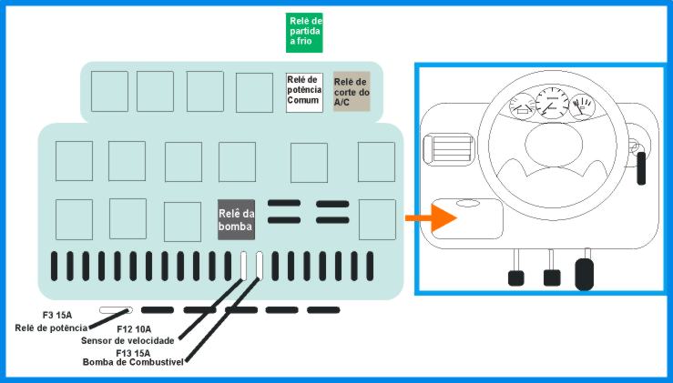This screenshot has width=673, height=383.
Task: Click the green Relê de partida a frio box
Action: coord(304,33)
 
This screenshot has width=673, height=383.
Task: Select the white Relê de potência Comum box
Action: coord(304,93)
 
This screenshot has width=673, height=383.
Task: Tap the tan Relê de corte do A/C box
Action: coord(352,92)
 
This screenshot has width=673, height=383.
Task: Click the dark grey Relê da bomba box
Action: coord(236,219)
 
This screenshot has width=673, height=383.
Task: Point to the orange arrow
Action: coord(431,217)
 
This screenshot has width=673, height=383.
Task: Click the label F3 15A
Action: coord(57,316)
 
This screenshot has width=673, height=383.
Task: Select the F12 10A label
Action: coord(134,329)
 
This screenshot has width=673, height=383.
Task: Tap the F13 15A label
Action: coord(133,353)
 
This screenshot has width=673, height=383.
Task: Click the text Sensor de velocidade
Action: coord(127,341)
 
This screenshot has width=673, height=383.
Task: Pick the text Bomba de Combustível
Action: coord(133,362)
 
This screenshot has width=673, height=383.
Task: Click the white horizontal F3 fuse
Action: coord(116,310)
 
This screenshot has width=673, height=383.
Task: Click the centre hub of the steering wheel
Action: coord(554,144)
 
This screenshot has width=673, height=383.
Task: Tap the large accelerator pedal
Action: coord(584,274)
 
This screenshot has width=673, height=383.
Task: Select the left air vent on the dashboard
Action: coord(448,148)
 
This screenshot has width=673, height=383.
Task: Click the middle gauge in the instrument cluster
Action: coord(552,103)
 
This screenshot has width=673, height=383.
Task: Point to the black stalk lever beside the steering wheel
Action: coord(641,168)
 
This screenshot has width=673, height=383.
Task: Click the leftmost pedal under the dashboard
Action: coord(516,277)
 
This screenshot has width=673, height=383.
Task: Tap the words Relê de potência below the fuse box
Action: coord(51,328)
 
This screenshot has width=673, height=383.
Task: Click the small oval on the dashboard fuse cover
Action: coord(468,203)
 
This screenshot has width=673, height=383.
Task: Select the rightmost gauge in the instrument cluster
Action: coord(583,106)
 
